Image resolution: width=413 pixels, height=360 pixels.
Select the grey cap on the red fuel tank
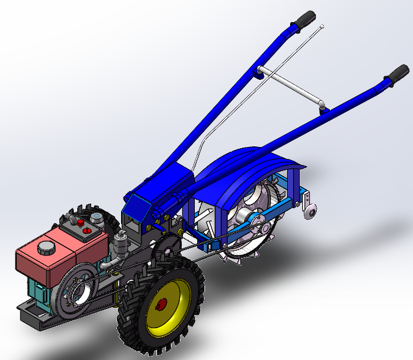point(46,247)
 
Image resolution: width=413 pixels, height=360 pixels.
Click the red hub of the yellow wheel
point(161,304)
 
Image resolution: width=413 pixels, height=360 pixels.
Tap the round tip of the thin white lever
point(322,26)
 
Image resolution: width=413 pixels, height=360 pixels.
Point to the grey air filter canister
point(119,243)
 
